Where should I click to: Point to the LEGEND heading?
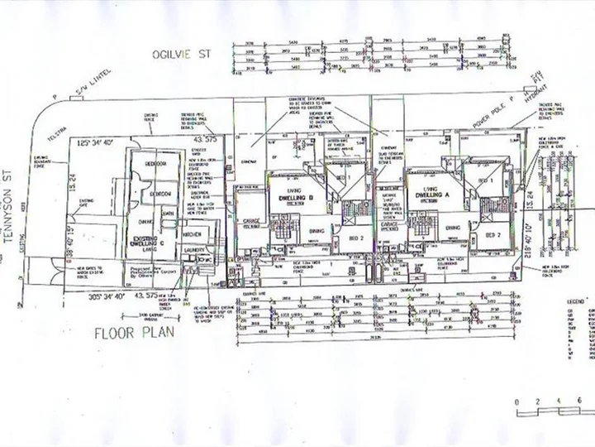coord(574,296)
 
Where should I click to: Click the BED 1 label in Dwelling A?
coord(485,180)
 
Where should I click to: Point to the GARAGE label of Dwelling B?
coord(251,222)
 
